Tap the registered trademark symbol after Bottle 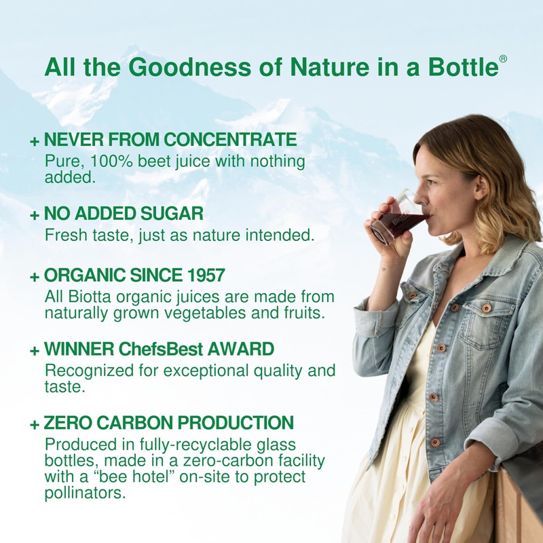pyautogui.click(x=503, y=59)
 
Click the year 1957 pyautogui.click(x=201, y=276)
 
